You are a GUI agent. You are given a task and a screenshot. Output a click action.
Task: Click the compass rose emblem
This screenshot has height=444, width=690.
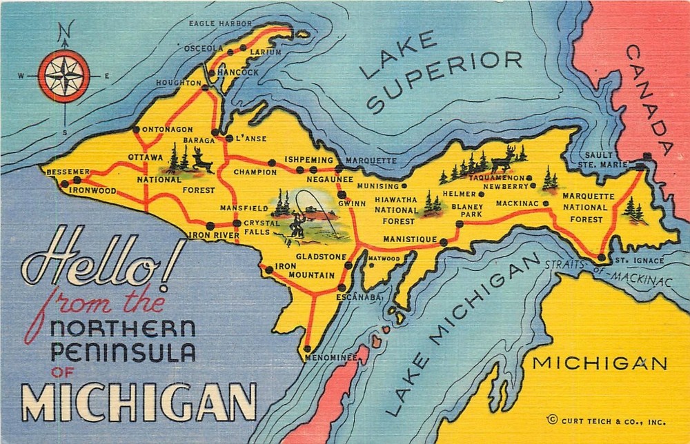click(x=64, y=76)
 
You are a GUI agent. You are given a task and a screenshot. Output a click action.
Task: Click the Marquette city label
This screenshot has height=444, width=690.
click(x=371, y=160)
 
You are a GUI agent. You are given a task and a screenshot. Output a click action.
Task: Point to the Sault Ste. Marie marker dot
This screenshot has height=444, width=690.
click(x=647, y=157)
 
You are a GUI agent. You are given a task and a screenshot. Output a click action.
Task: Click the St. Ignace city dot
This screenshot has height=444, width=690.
click(x=602, y=258)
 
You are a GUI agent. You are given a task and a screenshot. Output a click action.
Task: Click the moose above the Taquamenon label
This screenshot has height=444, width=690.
click(x=503, y=160)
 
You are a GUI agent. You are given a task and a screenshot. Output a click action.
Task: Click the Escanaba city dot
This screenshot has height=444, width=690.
click(x=342, y=287)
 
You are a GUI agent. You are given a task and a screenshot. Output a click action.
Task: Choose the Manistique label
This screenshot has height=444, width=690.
click(x=410, y=239)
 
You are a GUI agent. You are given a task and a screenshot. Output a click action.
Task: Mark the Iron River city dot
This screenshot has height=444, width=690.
click(x=210, y=225)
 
